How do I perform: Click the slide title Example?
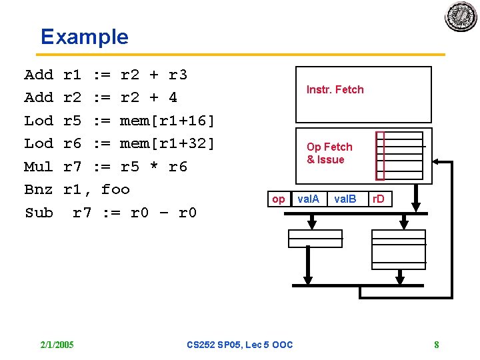click(84, 37)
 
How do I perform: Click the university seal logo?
click(461, 16)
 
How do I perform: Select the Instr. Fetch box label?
click(335, 89)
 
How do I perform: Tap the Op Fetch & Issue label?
click(329, 153)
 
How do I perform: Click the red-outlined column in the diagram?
click(380, 156)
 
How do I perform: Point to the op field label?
click(279, 199)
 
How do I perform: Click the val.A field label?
click(308, 199)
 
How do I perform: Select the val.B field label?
click(345, 199)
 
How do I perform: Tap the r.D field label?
click(378, 199)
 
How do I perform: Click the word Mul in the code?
click(38, 167)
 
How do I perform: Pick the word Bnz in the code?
click(38, 189)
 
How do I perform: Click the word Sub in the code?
click(38, 213)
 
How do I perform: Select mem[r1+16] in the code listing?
click(167, 121)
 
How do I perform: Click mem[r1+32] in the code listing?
click(167, 143)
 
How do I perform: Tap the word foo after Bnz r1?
click(115, 189)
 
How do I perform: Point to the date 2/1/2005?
click(57, 345)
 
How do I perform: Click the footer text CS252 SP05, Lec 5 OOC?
click(239, 345)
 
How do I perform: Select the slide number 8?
click(436, 345)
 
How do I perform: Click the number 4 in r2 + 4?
click(173, 98)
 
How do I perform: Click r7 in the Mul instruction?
click(72, 167)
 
